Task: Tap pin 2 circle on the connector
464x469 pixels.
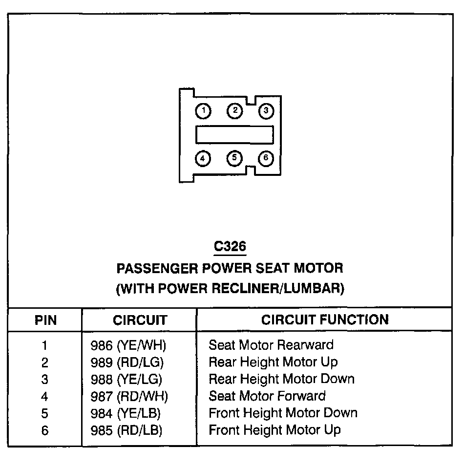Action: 234,111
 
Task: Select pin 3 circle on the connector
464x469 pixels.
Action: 266,111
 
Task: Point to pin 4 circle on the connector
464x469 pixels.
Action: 203,158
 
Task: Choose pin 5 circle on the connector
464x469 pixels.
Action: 234,158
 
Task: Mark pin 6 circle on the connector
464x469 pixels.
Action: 266,158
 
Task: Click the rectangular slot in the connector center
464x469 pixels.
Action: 234,134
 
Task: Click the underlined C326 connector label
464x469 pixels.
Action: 230,247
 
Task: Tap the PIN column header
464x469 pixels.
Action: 46,320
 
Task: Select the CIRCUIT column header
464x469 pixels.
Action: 140,320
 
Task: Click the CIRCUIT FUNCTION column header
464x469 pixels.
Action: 325,320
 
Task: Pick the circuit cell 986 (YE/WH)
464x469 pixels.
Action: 128,345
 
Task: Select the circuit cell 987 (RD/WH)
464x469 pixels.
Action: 129,396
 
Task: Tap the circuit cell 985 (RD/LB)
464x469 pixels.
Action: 127,430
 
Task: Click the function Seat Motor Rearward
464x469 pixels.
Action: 271,345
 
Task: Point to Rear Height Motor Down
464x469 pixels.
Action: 281,379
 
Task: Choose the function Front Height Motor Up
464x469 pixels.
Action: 274,430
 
